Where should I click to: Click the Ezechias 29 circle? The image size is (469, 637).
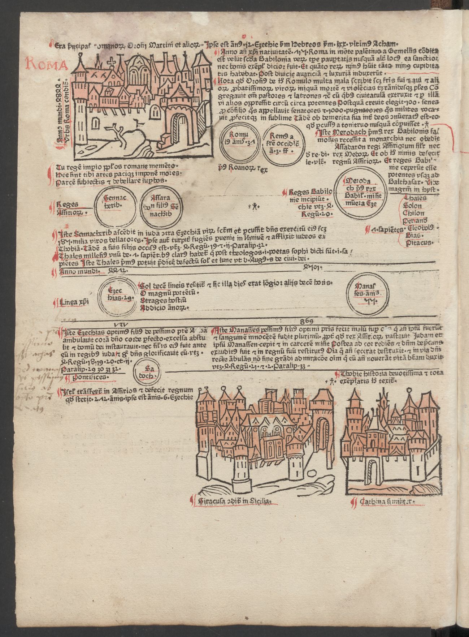coord(117,295)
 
